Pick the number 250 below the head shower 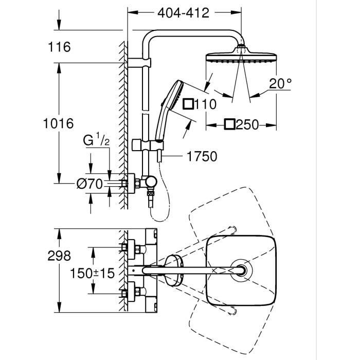248,125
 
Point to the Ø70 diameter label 91,183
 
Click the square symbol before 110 188,104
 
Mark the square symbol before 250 230,124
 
